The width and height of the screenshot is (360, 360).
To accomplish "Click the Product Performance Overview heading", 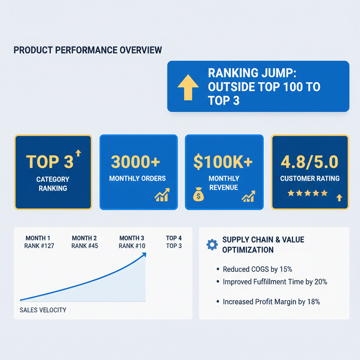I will pos(87,50).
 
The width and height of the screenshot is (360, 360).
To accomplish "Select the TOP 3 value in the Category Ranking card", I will pos(50,162).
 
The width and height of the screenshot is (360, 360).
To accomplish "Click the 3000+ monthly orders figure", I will pos(135,162).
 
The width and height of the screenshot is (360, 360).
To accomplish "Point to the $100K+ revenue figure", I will pos(223,162).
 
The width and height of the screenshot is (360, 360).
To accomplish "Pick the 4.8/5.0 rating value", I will pos(310,162).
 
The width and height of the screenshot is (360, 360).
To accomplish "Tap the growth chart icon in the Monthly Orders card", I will pos(162,194).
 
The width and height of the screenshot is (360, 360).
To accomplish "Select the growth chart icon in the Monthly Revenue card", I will pos(248,196).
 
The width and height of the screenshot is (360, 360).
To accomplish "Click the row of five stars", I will pos(308,193).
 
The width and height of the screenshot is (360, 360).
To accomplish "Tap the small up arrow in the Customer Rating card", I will pos(338,197).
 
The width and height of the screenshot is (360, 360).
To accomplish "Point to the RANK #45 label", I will pos(85,246).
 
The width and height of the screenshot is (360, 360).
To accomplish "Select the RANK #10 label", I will pos(132,246).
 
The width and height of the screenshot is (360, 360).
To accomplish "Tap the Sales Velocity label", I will pos(43,310).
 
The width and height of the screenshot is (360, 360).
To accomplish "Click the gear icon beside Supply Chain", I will pos(212,245).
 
